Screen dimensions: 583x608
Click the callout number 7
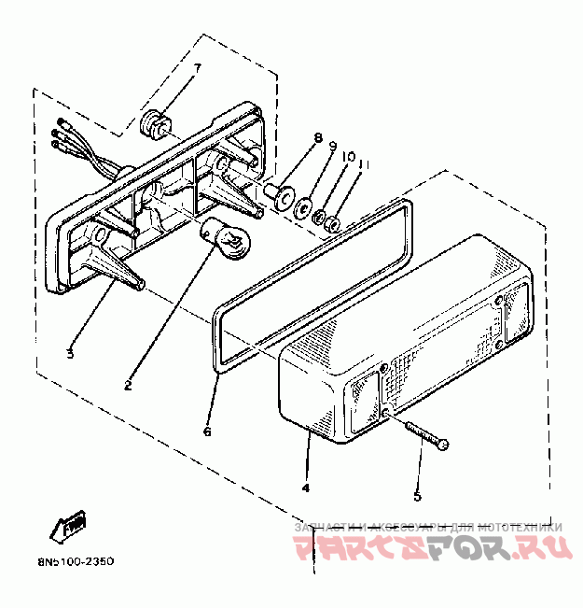tap(197, 67)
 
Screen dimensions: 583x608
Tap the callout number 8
tap(317, 140)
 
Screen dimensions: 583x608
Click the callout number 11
tap(364, 165)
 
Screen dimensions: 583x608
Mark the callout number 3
tap(69, 353)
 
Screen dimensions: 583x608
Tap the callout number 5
tap(418, 496)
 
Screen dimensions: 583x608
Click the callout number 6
tap(207, 431)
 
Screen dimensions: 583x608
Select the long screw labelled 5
tap(427, 434)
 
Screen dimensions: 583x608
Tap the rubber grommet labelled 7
tap(156, 123)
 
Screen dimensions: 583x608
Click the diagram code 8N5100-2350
tap(64, 562)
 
